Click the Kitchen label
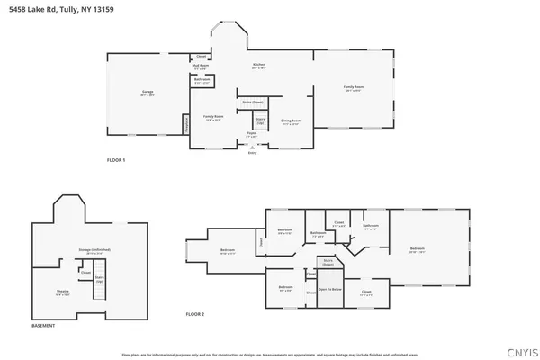click(259, 66)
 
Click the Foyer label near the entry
click(252, 135)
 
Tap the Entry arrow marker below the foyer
click(252, 151)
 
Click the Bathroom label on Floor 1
click(202, 80)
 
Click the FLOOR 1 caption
click(116, 159)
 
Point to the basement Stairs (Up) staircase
click(101, 289)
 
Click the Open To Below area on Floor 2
click(330, 290)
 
